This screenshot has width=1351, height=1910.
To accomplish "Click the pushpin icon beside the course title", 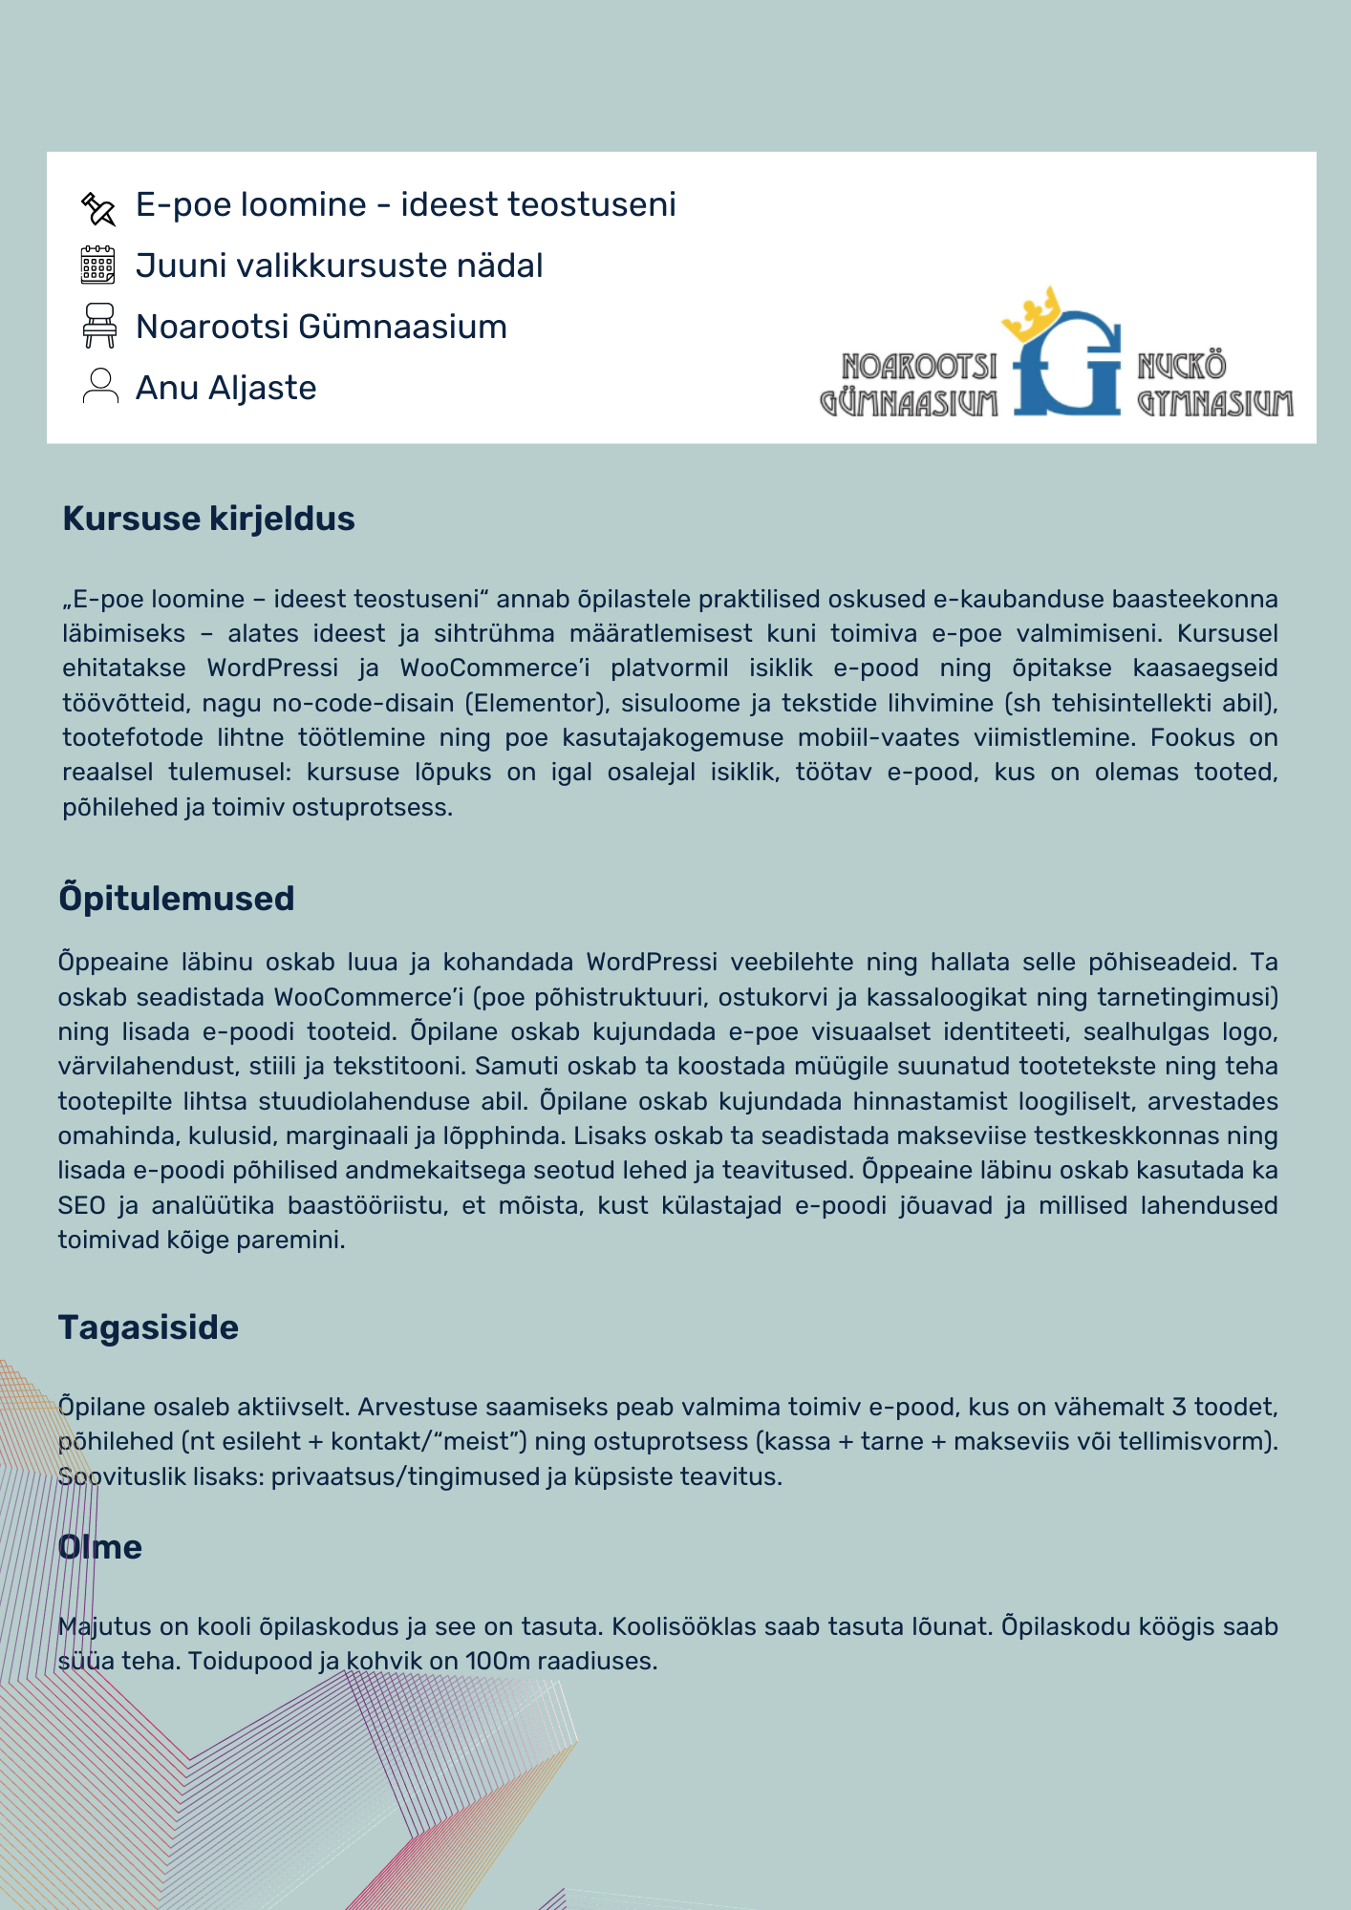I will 98,208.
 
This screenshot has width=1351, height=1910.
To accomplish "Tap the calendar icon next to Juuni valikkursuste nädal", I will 98,265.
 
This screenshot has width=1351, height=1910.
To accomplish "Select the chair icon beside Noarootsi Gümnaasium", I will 99,326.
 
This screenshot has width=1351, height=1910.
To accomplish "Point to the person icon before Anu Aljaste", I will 99,387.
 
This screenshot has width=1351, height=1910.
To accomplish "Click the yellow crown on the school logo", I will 1035,314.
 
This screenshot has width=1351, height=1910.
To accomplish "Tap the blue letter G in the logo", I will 1068,369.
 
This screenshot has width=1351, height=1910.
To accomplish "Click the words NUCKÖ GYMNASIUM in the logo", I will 1213,385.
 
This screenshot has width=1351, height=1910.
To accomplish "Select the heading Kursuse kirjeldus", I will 208,519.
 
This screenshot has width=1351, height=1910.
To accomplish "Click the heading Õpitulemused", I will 177,899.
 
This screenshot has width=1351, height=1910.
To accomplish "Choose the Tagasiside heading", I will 148,1327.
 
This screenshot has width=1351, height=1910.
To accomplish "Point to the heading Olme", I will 100,1547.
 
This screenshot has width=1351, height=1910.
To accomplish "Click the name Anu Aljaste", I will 225,388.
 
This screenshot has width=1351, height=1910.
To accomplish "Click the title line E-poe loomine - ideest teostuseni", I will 405,204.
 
